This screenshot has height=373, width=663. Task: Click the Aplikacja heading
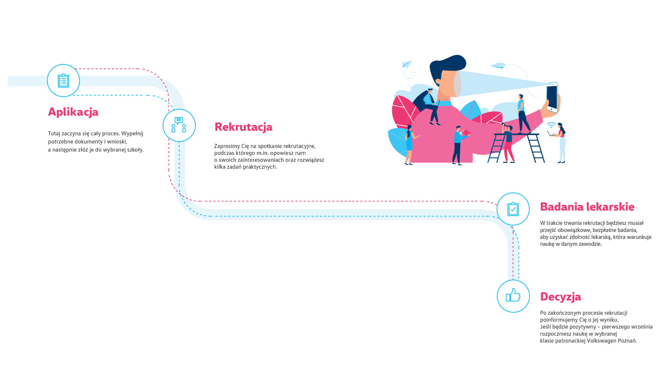tap(73, 112)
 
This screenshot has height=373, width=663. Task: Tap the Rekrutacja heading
tap(244, 127)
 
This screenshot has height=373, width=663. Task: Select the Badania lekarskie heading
tap(587, 207)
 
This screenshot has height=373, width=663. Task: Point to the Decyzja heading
tap(560, 297)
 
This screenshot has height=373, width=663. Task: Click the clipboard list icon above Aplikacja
tap(63, 81)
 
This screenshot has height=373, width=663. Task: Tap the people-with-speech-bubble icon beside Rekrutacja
tap(179, 125)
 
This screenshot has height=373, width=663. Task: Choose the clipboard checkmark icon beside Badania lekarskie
tap(513, 209)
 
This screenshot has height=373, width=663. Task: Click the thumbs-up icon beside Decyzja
tap(513, 296)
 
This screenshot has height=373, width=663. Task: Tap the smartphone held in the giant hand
tap(552, 97)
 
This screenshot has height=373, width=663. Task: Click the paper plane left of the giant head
tap(407, 64)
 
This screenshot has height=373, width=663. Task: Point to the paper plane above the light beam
tap(498, 65)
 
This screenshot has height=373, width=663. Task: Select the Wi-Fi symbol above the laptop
tap(551, 125)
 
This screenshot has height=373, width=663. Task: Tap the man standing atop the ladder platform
tap(523, 114)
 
